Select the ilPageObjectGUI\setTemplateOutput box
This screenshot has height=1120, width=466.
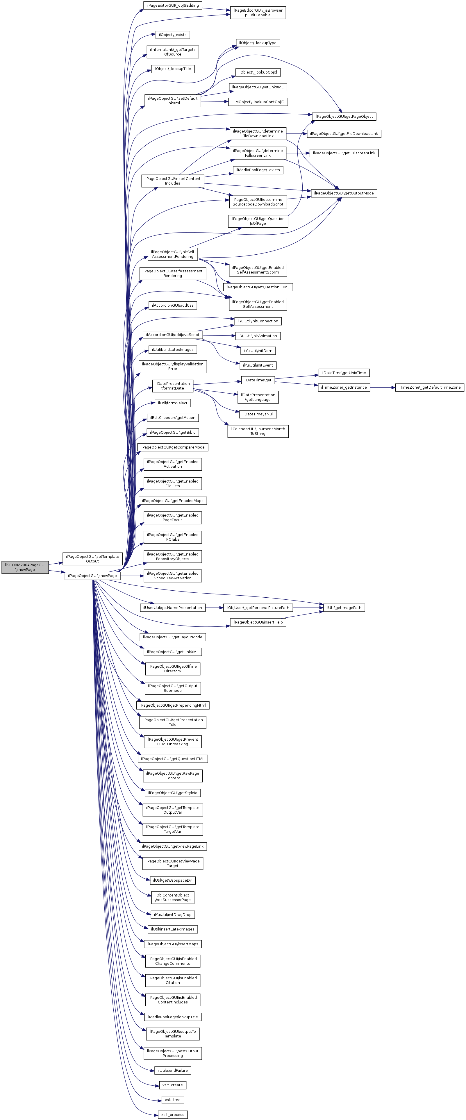click(x=92, y=559)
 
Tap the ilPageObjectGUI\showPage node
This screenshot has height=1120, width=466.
click(x=92, y=576)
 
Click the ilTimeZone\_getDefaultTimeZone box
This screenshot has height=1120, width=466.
click(x=429, y=387)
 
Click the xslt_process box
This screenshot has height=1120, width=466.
click(x=173, y=1114)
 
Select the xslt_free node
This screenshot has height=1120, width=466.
click(x=173, y=1100)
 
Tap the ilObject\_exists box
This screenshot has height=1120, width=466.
click(x=173, y=35)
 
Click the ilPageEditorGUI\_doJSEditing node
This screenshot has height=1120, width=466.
click(x=173, y=5)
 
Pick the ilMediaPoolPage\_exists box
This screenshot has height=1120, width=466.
click(x=258, y=170)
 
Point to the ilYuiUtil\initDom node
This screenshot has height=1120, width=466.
click(x=258, y=351)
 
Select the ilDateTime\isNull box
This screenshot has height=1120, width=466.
click(x=258, y=414)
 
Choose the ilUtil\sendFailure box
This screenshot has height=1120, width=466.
click(x=173, y=1070)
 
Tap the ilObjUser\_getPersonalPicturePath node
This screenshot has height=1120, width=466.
click(x=258, y=608)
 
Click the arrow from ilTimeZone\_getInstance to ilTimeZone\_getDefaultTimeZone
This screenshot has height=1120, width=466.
click(x=383, y=387)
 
